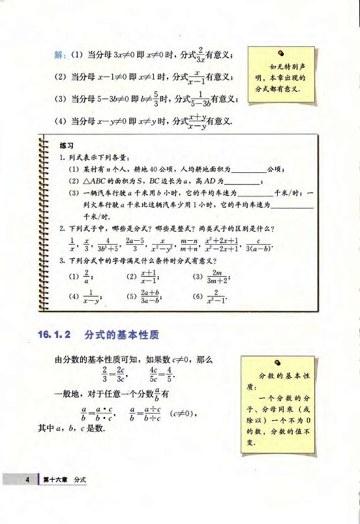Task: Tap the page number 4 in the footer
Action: click(x=29, y=480)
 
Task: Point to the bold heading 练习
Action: click(x=66, y=146)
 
